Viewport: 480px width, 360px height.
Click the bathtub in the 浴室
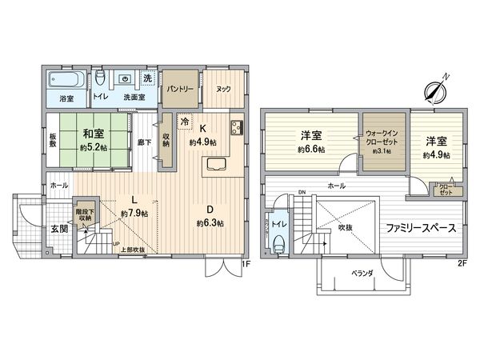coord(62,80)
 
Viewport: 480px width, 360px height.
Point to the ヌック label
coord(223,90)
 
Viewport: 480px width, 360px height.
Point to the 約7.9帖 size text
coord(133,214)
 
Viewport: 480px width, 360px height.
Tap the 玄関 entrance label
coord(49,228)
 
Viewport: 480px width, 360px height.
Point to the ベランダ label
coord(363,273)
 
